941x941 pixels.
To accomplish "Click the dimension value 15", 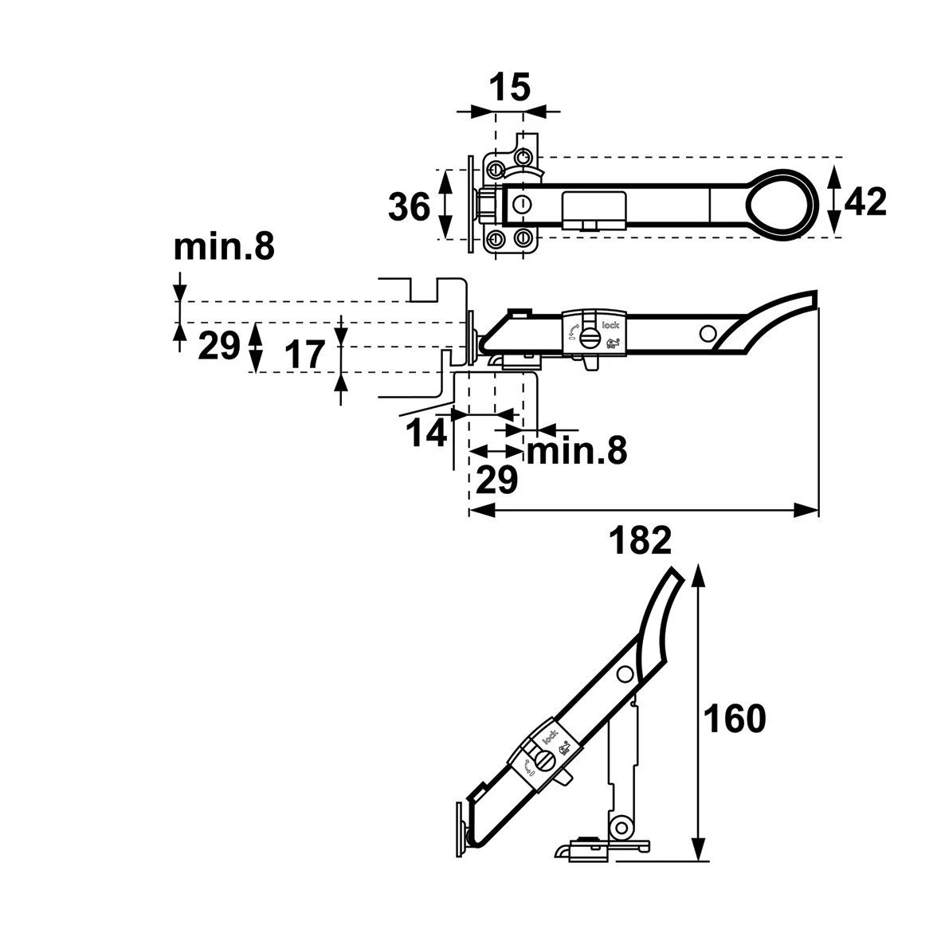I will (508, 88).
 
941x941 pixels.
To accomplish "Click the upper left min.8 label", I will (224, 249).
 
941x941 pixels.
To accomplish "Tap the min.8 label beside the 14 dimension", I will (576, 452).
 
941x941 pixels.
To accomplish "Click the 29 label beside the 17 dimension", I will (218, 346).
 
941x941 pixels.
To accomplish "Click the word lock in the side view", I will (610, 324).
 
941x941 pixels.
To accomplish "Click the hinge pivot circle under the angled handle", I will (618, 829).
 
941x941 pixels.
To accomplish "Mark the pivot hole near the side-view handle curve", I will (706, 332).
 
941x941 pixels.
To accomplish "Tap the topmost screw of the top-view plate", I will (523, 154).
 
